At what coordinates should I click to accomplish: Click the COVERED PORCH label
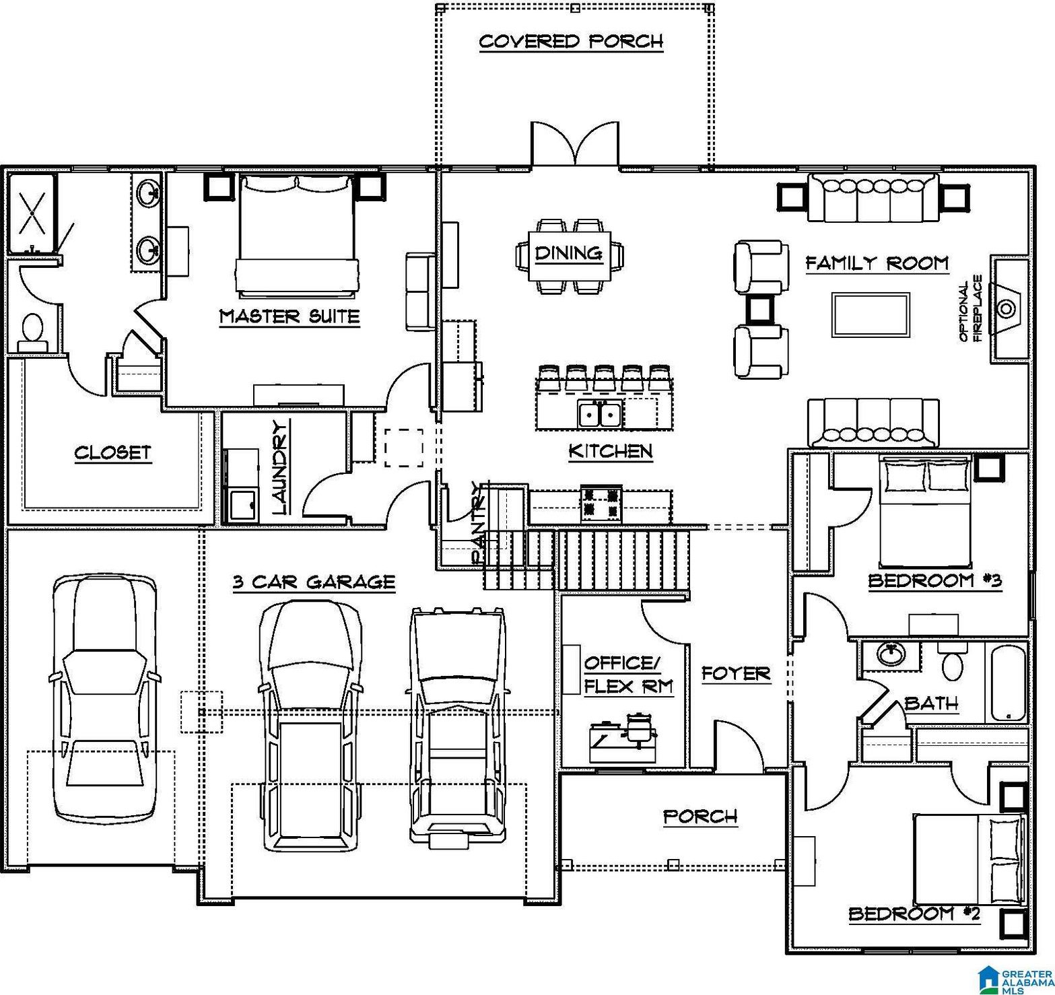coord(571,42)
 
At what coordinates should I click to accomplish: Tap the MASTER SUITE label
coord(290,316)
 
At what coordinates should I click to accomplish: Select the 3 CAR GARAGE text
coord(314,582)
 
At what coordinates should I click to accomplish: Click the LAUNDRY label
coord(281,467)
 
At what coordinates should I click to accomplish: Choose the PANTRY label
coord(479,522)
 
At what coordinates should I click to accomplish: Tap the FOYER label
coord(736,673)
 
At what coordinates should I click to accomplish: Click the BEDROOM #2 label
coord(914,914)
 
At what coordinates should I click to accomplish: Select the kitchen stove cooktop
coord(602,504)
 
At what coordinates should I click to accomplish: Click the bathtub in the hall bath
coord(1008,683)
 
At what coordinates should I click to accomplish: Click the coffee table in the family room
coord(871,314)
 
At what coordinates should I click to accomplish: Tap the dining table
coord(569,256)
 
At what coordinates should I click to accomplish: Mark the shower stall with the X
coord(32,212)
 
